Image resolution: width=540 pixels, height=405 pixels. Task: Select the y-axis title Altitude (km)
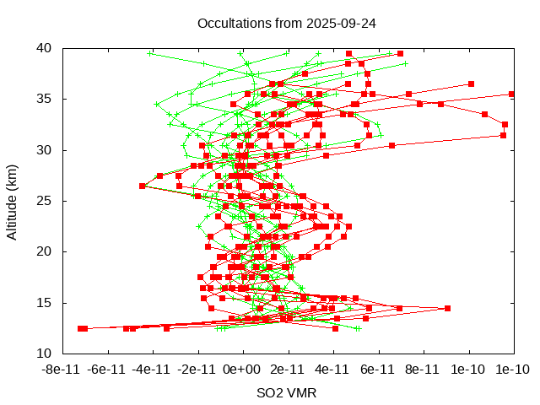click(x=12, y=201)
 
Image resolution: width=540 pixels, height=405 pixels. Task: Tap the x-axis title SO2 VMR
click(x=287, y=393)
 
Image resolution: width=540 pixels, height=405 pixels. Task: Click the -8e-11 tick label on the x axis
click(x=63, y=370)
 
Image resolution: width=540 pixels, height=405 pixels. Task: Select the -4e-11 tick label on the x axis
click(x=153, y=370)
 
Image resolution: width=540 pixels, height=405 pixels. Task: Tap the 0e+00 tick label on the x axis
click(x=243, y=370)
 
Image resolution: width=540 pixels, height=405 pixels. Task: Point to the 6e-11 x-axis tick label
click(x=378, y=370)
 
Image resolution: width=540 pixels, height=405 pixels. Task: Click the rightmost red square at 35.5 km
click(x=511, y=94)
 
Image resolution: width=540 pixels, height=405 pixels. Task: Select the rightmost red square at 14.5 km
click(x=447, y=308)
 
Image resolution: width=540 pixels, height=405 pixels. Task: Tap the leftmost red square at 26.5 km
click(x=142, y=186)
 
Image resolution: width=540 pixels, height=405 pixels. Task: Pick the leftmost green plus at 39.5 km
click(x=150, y=53)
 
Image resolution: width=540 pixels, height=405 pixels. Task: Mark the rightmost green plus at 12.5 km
click(x=357, y=328)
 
